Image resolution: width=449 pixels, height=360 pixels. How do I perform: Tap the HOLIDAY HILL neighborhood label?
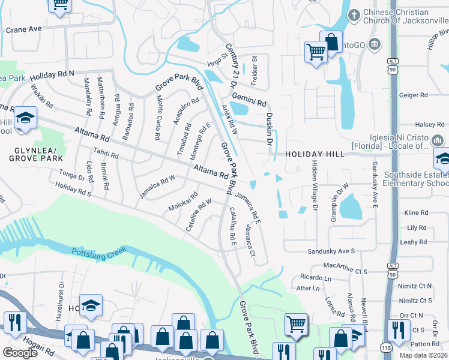315,154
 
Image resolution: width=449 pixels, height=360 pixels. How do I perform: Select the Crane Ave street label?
23,29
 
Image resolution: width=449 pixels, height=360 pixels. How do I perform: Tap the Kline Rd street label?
415,213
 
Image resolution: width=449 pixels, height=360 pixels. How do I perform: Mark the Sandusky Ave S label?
331,251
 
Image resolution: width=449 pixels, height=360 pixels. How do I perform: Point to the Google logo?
20,353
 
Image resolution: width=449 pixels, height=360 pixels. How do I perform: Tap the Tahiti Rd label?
105,155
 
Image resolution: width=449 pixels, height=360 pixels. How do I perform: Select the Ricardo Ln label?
315,278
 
